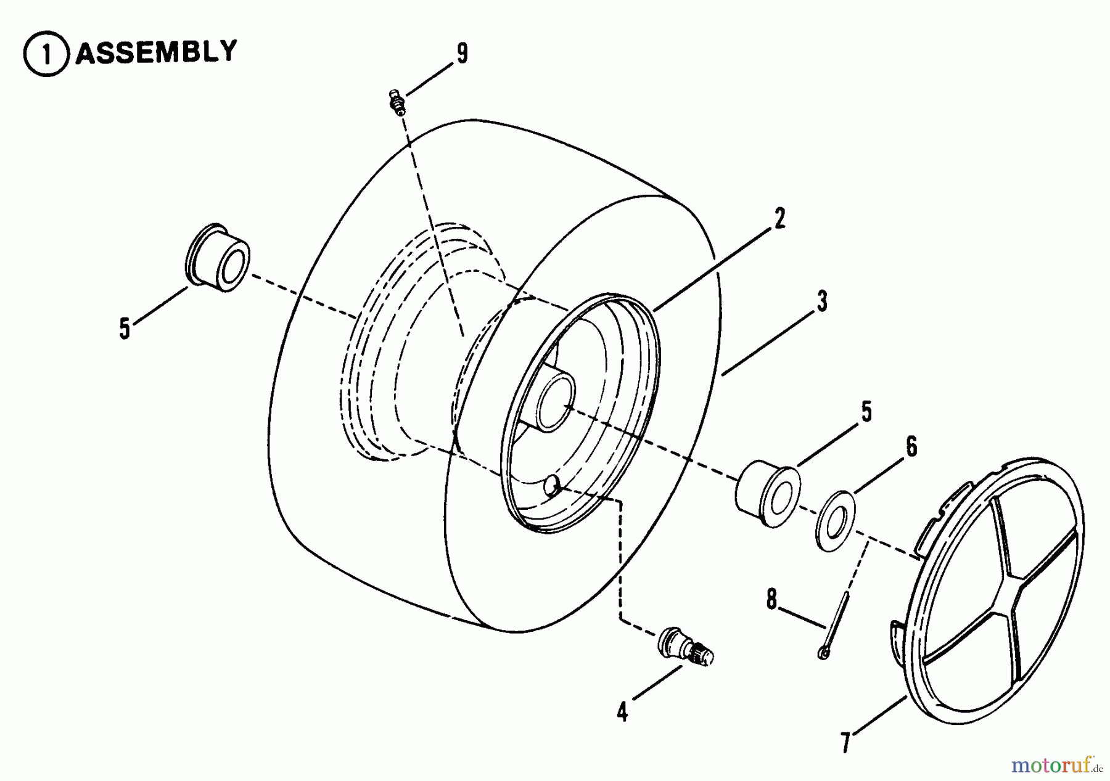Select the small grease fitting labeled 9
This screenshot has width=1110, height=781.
(x=397, y=101)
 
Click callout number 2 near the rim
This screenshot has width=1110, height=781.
(x=780, y=219)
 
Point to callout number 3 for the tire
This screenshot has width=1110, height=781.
(x=821, y=301)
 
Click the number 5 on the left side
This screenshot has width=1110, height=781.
(x=125, y=329)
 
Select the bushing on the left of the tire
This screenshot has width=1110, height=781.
(x=217, y=258)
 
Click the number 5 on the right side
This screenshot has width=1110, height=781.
(x=866, y=412)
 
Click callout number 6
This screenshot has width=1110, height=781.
(x=911, y=446)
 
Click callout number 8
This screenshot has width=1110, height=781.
(x=771, y=599)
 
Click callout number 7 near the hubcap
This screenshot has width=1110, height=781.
(x=845, y=742)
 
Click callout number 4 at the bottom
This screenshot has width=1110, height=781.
(x=622, y=712)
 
